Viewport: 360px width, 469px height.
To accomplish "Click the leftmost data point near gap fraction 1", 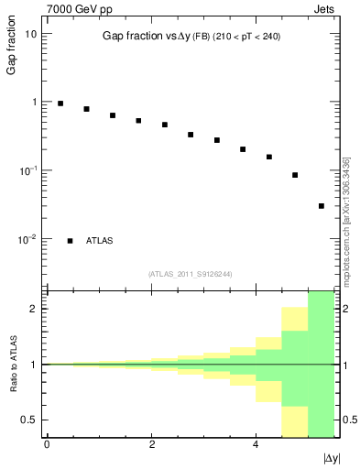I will click(60, 104).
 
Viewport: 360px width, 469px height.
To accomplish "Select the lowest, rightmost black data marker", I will click(322, 206).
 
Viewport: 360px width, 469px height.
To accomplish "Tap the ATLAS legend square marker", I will click(71, 241).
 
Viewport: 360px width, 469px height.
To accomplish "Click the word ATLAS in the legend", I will click(101, 241).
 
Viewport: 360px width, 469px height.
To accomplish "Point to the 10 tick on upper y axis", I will click(32, 33).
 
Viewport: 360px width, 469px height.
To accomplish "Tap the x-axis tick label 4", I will click(256, 444).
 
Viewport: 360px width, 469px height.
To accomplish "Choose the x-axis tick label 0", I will click(47, 444).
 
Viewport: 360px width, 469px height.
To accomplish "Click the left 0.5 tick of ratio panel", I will click(30, 420).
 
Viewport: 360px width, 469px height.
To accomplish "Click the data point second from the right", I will click(295, 175).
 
